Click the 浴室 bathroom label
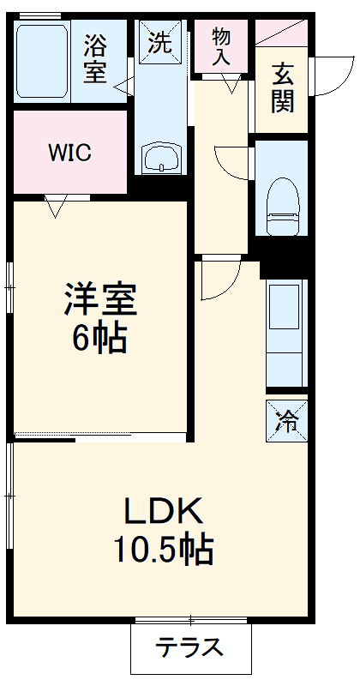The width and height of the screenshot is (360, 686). (x=95, y=57)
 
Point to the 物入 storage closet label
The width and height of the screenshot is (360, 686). (x=221, y=45)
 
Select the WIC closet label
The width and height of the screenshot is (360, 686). (x=69, y=153)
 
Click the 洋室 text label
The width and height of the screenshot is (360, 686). (x=100, y=302)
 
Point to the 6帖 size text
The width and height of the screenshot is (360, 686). (x=99, y=339)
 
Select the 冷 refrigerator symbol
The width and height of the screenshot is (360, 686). (x=287, y=420)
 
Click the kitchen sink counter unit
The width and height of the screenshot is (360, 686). (x=287, y=330)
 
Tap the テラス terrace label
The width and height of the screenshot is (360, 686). (x=189, y=647)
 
